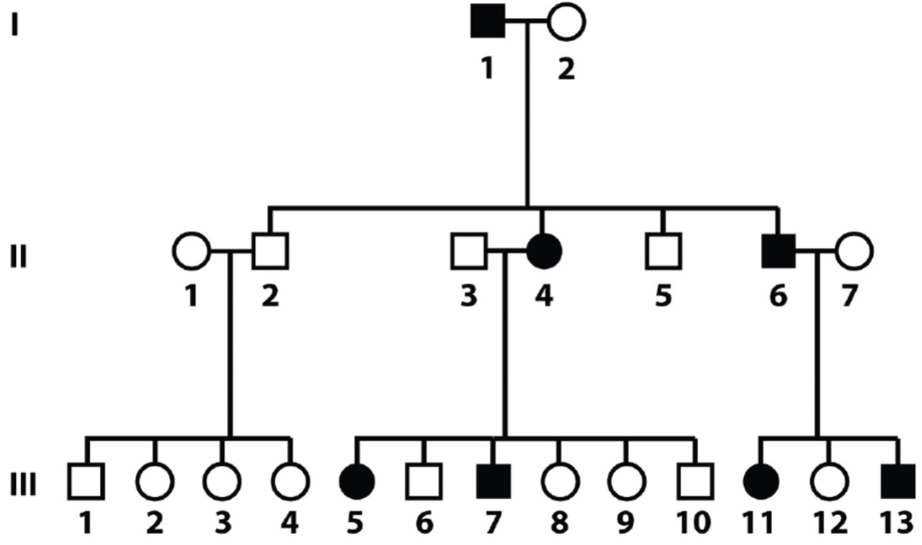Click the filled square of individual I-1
point(487,20)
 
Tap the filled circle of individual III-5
point(357,481)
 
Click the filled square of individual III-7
point(492,481)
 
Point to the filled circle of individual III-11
point(761,481)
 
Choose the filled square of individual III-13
point(898,481)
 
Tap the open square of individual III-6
point(424,481)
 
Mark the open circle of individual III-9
point(626,481)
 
